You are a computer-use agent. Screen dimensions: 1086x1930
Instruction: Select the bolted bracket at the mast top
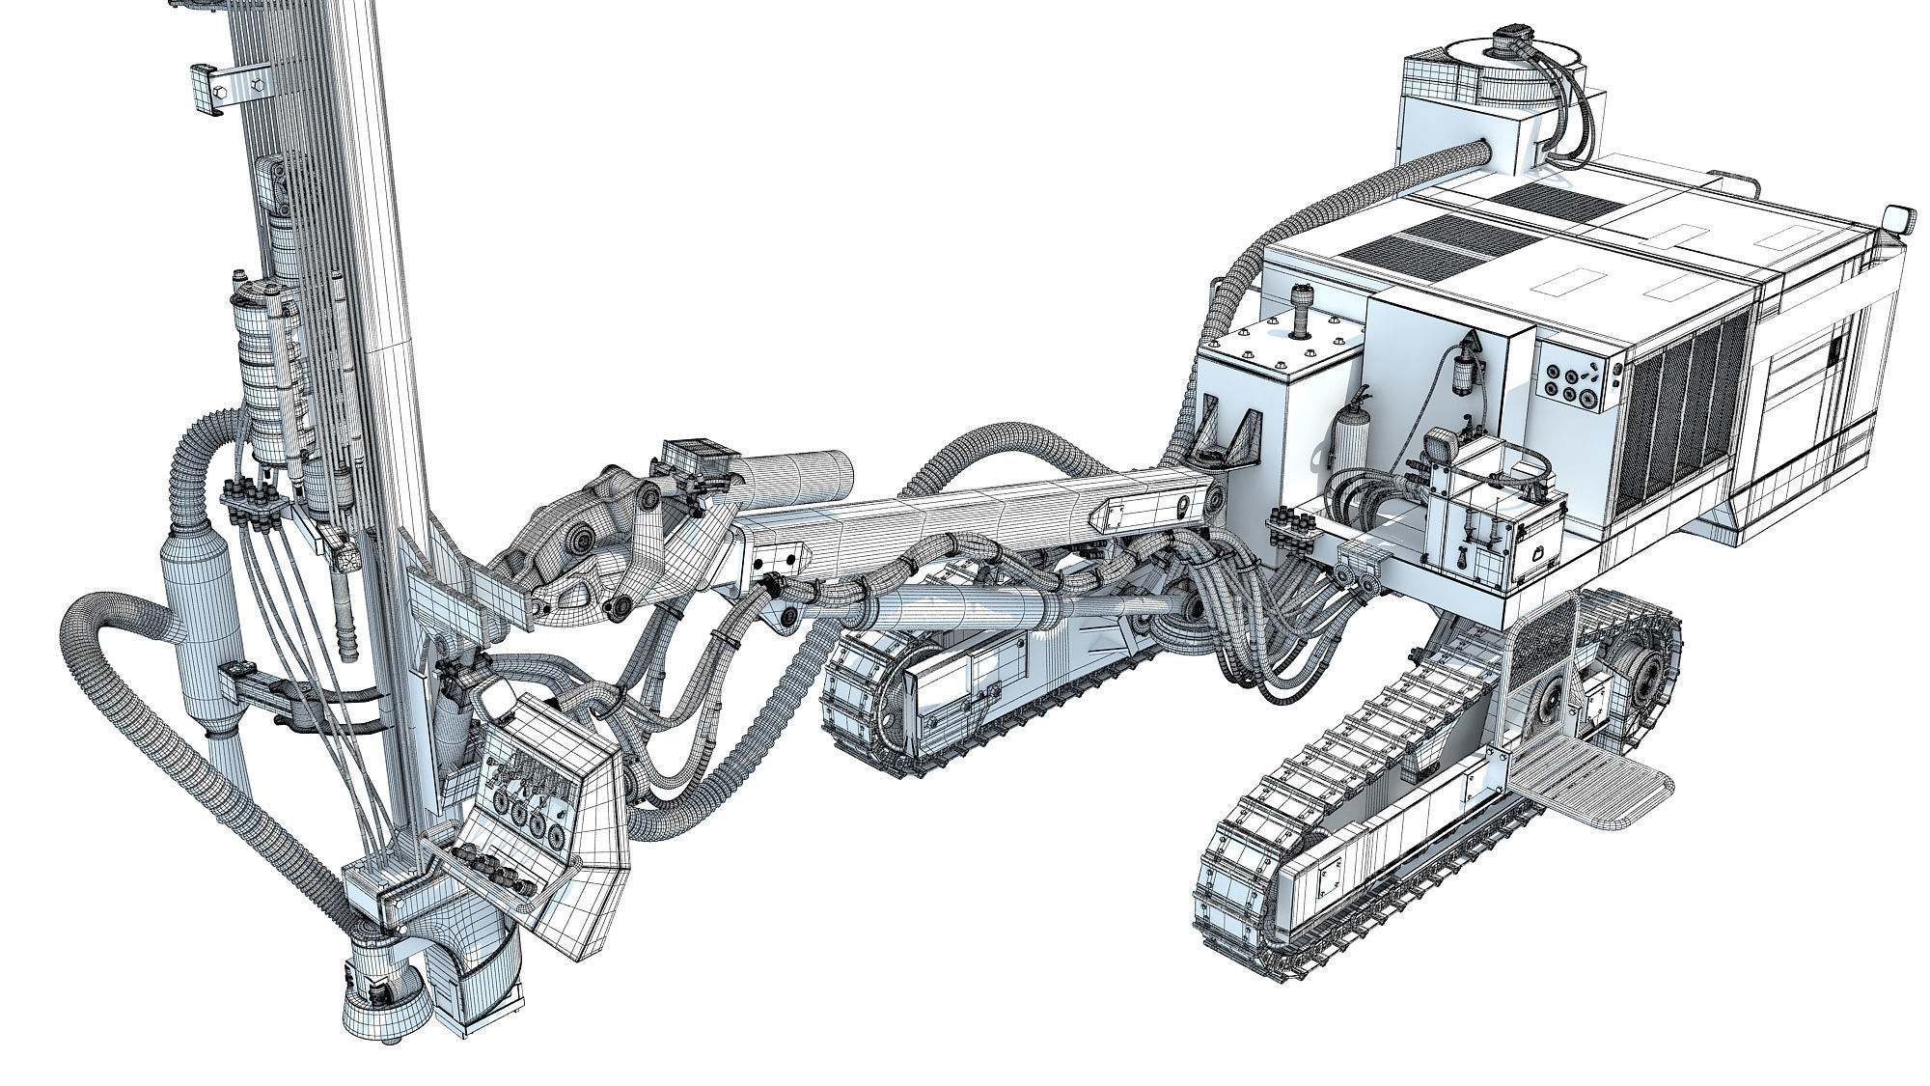pos(229,89)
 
